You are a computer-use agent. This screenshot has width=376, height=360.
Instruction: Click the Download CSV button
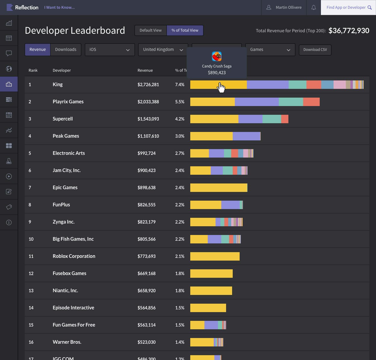(315, 50)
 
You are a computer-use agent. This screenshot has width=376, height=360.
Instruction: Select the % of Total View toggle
(185, 30)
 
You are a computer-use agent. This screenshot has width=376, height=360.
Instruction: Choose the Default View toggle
(151, 30)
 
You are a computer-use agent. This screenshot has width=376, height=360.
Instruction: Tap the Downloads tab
(66, 50)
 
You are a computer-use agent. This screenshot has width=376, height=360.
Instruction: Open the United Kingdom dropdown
(163, 50)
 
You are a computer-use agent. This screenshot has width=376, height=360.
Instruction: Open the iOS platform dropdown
(110, 50)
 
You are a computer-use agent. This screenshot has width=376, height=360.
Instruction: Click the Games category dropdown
(270, 50)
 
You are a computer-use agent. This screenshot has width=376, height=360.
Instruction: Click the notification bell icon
(314, 8)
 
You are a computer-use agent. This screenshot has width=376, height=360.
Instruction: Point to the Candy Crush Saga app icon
(217, 56)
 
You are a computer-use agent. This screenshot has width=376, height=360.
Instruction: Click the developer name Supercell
(63, 119)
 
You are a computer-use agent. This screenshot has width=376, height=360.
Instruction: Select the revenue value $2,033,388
(148, 102)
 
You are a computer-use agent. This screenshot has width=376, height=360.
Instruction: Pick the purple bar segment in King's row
(268, 85)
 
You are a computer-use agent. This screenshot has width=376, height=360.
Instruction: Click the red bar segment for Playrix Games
(311, 102)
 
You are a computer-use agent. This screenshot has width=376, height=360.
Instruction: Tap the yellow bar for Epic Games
(219, 188)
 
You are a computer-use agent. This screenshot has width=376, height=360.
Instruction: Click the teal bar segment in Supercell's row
(272, 119)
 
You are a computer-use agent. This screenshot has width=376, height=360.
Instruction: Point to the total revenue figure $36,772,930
(349, 31)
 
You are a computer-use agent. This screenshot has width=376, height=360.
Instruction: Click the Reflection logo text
(27, 8)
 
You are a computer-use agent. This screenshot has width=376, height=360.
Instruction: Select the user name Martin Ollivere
(288, 8)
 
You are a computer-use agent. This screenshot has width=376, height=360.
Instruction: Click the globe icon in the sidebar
(9, 69)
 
